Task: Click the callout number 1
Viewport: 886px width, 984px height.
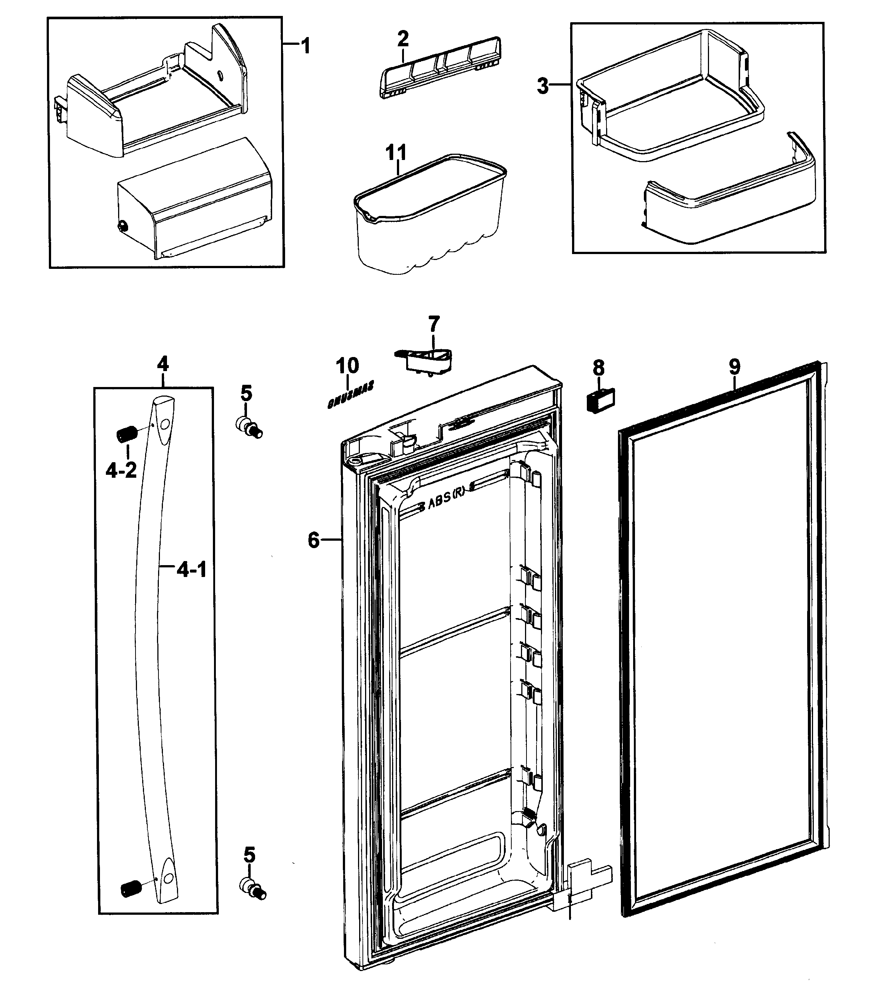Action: tap(305, 46)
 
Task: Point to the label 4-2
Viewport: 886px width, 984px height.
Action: tap(121, 470)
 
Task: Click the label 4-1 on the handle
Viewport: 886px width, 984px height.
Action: tap(191, 569)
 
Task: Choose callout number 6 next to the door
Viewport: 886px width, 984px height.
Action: tap(314, 540)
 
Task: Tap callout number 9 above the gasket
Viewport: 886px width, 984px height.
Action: tap(735, 367)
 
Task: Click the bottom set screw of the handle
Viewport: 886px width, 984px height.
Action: tap(130, 888)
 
